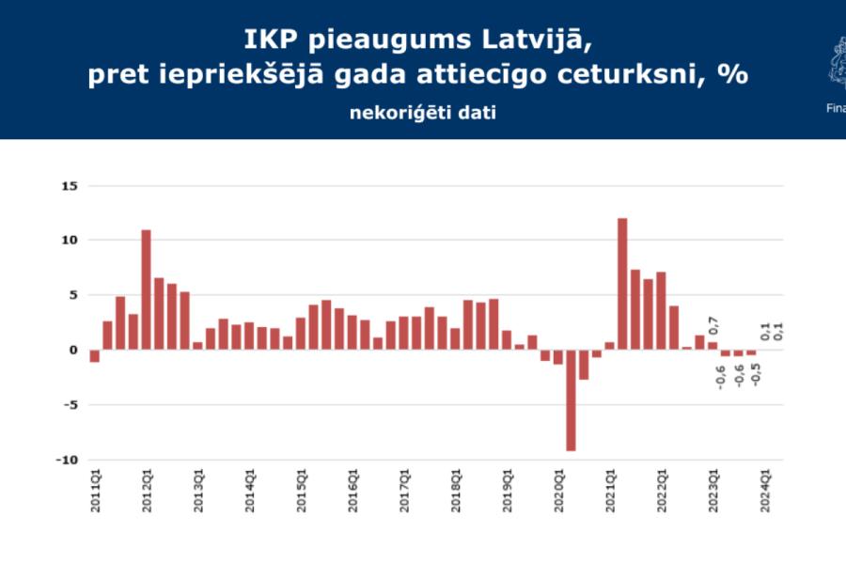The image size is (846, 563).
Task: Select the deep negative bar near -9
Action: pos(571,400)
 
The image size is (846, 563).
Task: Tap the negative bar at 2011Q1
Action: pos(94,355)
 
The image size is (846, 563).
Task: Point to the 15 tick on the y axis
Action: pos(69,186)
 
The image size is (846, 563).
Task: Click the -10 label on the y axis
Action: pos(66,461)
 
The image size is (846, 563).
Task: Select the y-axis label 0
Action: pos(72,351)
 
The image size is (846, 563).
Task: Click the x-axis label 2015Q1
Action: pos(301,489)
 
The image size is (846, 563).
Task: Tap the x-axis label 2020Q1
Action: pos(558,489)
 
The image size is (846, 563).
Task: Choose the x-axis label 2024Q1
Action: pos(765,489)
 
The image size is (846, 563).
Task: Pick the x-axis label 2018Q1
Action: pos(455,489)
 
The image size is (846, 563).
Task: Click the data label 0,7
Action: pos(713,324)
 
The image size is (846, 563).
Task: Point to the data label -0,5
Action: pos(755,373)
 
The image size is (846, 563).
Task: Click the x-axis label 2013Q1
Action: pos(197,489)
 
